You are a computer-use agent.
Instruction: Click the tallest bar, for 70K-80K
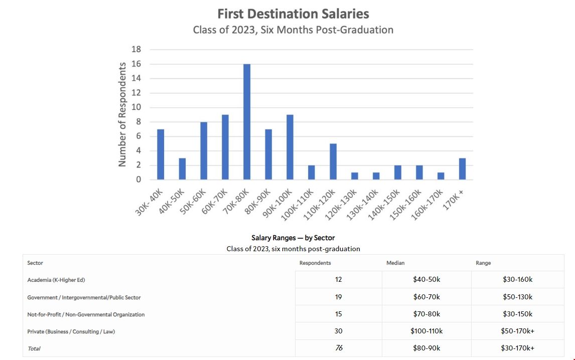(x=247, y=122)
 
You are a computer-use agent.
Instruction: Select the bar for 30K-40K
(x=161, y=154)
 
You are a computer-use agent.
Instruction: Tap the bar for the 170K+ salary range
(x=462, y=169)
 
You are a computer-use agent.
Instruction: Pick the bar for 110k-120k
(x=333, y=161)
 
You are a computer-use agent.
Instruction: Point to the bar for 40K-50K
(x=182, y=169)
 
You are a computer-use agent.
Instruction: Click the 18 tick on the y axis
(x=136, y=50)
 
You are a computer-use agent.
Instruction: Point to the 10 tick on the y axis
(x=136, y=107)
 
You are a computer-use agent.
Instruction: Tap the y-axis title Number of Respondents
(x=122, y=114)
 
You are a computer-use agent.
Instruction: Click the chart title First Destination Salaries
(x=293, y=14)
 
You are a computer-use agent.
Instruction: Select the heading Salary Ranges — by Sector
(x=293, y=238)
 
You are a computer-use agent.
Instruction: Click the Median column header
(x=395, y=263)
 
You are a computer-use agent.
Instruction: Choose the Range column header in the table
(x=483, y=263)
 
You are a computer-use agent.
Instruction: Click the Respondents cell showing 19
(x=339, y=297)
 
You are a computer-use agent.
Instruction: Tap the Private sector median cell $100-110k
(x=426, y=331)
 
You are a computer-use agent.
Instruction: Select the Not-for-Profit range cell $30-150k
(x=517, y=314)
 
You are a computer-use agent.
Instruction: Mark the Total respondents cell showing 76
(x=339, y=348)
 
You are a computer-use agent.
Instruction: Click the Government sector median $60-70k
(x=426, y=297)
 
